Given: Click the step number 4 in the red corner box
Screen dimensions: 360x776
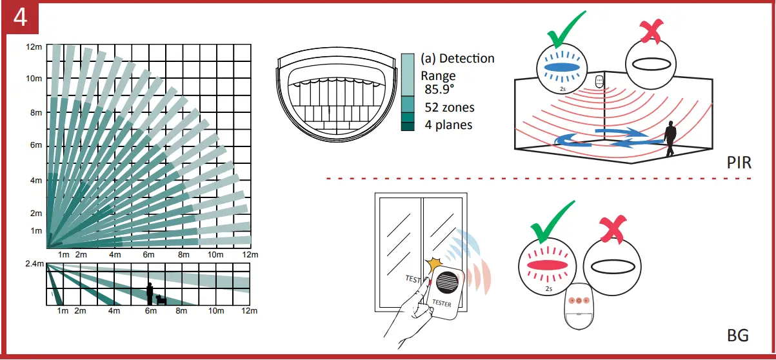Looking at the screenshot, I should point(19,17).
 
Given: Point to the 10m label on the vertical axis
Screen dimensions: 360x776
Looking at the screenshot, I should point(34,79).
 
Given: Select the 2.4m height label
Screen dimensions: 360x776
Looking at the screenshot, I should point(34,265).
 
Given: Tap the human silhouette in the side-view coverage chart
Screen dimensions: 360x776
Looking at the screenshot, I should point(150,294).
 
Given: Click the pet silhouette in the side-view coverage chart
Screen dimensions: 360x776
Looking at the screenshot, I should point(161,299).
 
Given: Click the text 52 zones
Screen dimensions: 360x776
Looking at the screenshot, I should point(449,107).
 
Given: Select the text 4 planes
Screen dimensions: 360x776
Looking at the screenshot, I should point(448,125).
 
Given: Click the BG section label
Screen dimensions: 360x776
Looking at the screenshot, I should point(737,335).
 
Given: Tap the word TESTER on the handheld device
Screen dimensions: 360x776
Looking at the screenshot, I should point(441,302).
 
